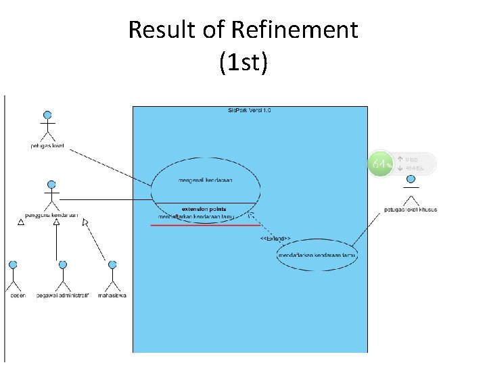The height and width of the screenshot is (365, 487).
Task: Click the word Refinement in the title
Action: click(x=294, y=30)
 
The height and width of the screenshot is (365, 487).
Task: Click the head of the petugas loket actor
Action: click(x=47, y=115)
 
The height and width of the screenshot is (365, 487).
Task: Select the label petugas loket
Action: click(x=47, y=146)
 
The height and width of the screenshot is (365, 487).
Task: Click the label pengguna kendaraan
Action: click(x=51, y=216)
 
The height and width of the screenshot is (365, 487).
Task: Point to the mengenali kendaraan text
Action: click(x=206, y=180)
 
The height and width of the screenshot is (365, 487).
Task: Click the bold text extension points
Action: click(x=204, y=209)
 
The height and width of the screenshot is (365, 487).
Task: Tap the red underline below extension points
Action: click(x=205, y=224)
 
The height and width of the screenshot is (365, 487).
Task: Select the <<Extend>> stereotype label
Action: click(x=275, y=239)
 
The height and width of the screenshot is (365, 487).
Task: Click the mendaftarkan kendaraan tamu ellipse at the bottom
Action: click(x=317, y=255)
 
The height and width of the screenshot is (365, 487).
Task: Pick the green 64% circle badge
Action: click(x=381, y=164)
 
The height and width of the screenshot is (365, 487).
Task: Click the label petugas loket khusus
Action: click(x=411, y=210)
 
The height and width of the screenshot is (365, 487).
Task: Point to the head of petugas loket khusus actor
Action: click(x=410, y=180)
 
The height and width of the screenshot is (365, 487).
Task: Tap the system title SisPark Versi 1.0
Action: click(x=250, y=110)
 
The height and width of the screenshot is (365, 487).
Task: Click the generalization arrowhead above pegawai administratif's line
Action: click(x=57, y=222)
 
